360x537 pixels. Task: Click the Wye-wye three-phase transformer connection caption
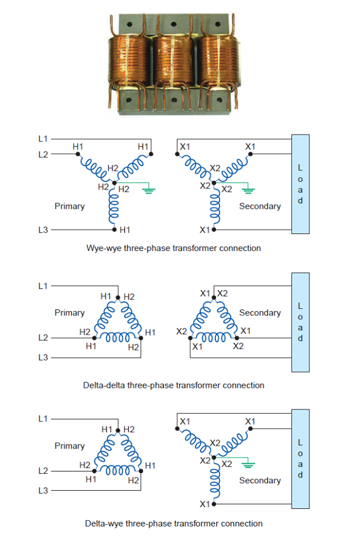pyautogui.click(x=173, y=248)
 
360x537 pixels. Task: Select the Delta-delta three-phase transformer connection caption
pyautogui.click(x=174, y=385)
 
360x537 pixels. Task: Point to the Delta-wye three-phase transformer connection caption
pyautogui.click(x=174, y=523)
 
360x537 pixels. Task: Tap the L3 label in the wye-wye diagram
pyautogui.click(x=42, y=230)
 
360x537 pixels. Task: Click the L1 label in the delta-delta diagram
pyautogui.click(x=42, y=286)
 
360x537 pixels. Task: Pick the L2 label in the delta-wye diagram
pyautogui.click(x=42, y=470)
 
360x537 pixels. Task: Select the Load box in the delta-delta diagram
pyautogui.click(x=300, y=322)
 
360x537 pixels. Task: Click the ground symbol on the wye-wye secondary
pyautogui.click(x=248, y=190)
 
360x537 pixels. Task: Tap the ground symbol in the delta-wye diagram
pyautogui.click(x=248, y=466)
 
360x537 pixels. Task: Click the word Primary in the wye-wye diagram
pyautogui.click(x=70, y=206)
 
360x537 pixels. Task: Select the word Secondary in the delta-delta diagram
pyautogui.click(x=260, y=313)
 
